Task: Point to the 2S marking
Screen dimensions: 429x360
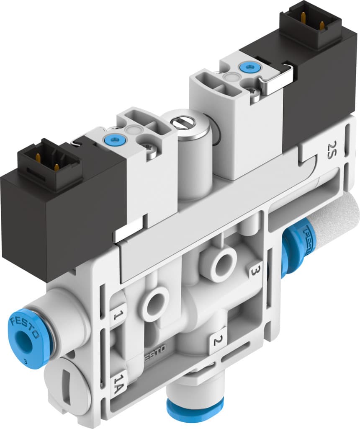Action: pos(332,148)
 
